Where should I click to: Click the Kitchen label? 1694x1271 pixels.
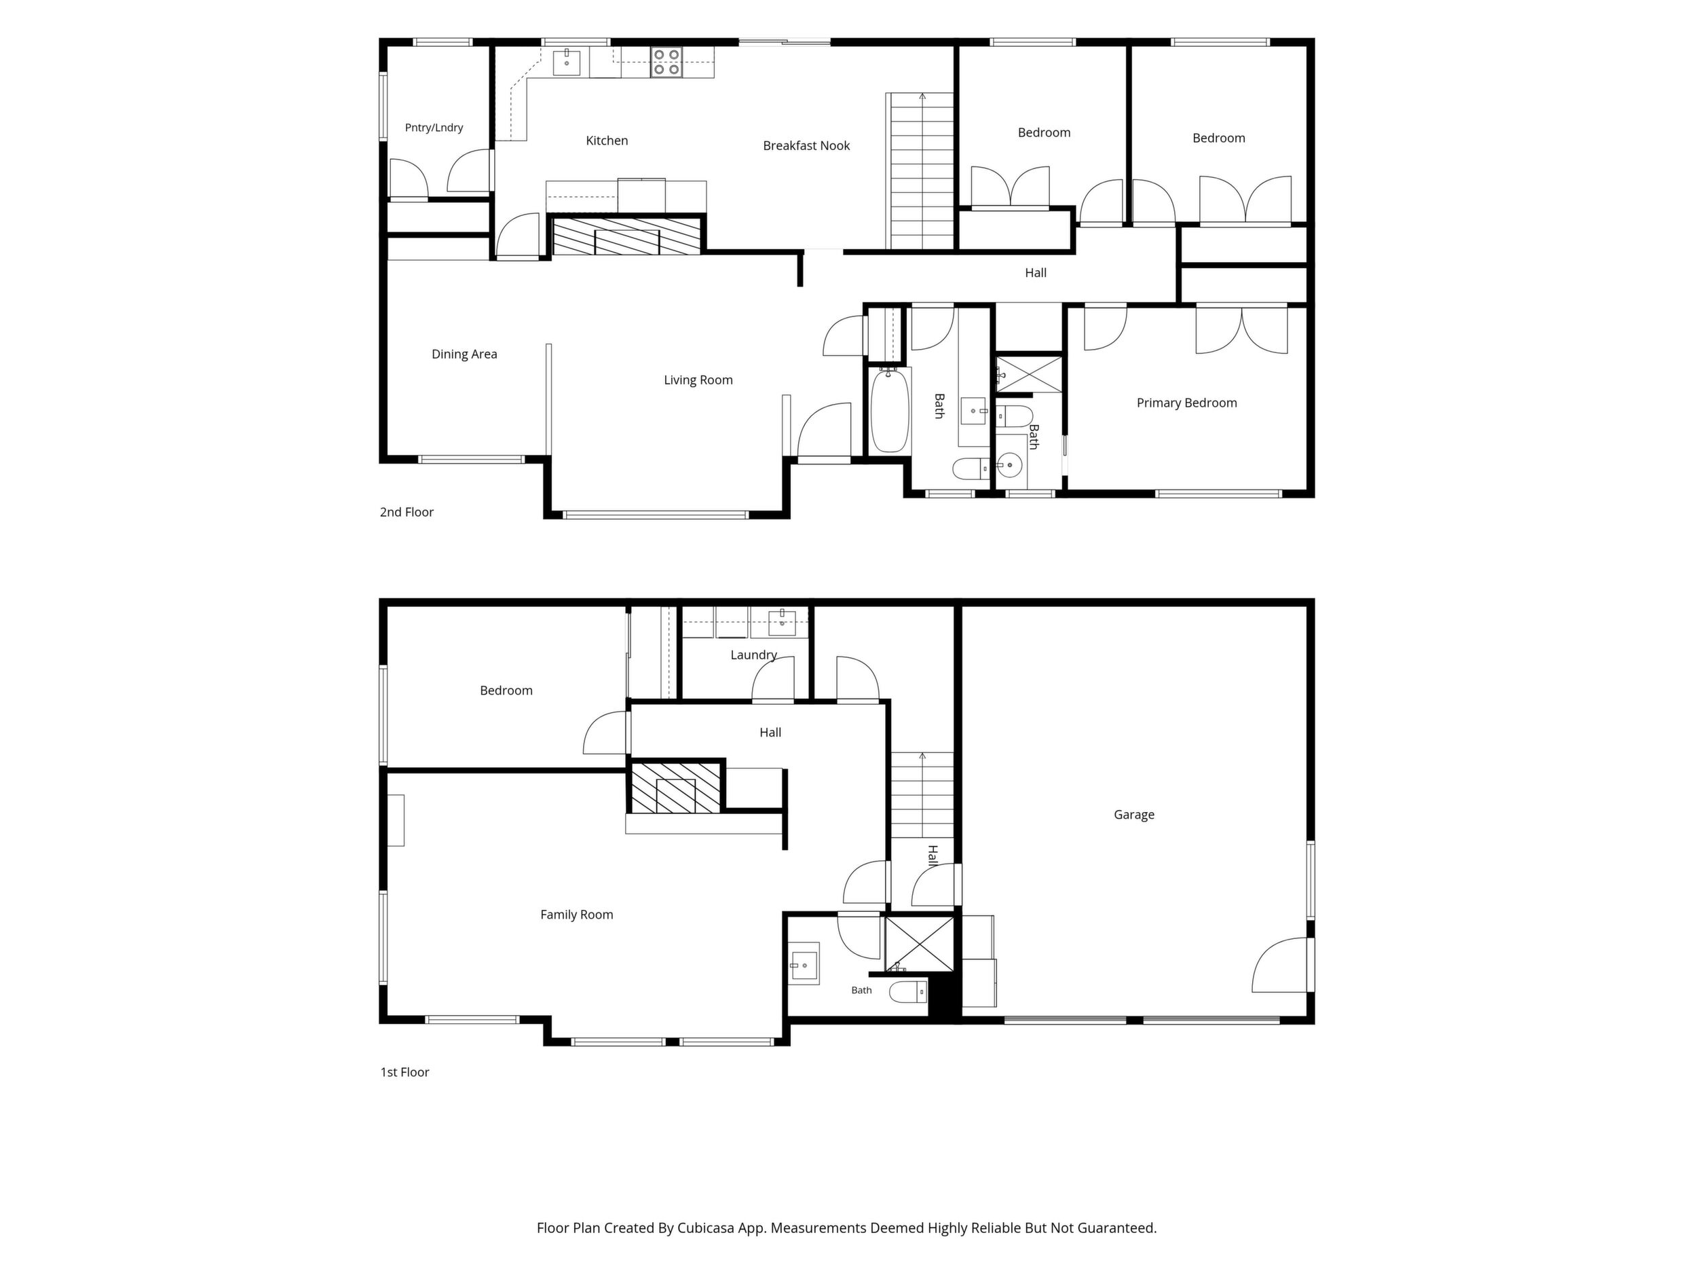[x=607, y=140]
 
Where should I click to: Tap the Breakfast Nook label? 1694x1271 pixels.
[x=806, y=145]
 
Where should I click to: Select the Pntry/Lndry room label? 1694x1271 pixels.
[x=434, y=127]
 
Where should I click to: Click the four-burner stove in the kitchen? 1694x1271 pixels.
[x=666, y=62]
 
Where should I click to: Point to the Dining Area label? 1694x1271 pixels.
[x=464, y=354]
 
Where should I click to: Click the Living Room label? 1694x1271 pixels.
[x=698, y=380]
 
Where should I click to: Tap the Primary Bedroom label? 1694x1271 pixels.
[x=1187, y=403]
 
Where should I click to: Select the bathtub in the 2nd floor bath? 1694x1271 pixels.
[x=890, y=411]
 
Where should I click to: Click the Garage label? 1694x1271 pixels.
[x=1134, y=814]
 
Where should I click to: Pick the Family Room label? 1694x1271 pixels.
[x=577, y=914]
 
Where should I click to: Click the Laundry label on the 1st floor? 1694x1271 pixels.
[x=753, y=655]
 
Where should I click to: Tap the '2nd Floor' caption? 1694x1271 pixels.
[x=407, y=512]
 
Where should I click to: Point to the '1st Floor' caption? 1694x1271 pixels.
[x=405, y=1072]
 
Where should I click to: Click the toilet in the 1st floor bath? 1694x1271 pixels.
[x=908, y=992]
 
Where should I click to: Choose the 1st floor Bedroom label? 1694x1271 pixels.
[x=506, y=690]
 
